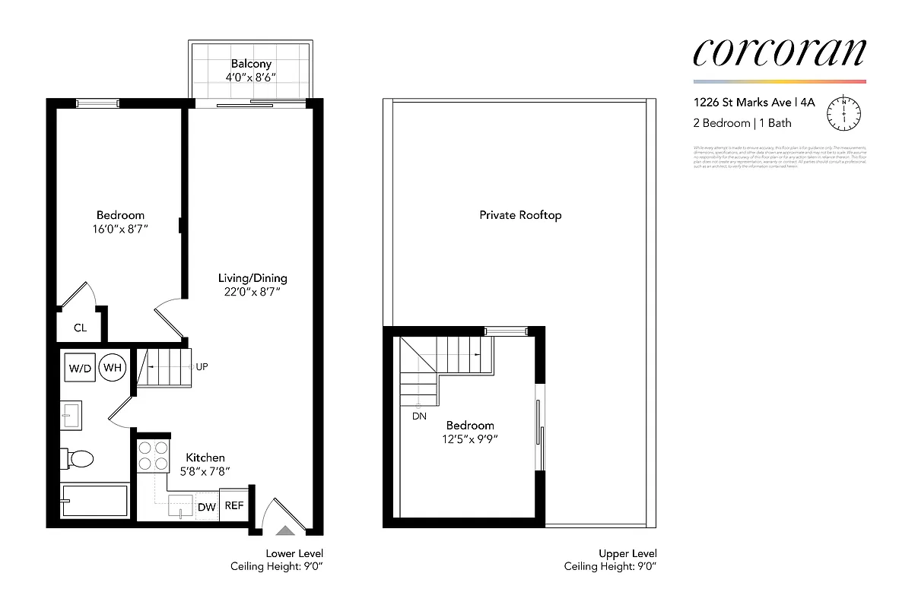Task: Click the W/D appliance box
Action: click(x=80, y=369)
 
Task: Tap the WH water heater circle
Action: click(x=113, y=369)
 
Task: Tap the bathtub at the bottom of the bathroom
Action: click(x=94, y=502)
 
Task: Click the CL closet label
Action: click(x=80, y=328)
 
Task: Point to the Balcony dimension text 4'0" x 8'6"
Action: click(x=249, y=78)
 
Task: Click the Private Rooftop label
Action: click(x=520, y=215)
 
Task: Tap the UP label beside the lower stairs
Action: click(x=202, y=366)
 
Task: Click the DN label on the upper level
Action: click(x=419, y=416)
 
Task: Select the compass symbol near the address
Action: click(x=845, y=112)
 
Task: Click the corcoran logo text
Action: click(x=779, y=51)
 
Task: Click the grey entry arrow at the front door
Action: click(x=284, y=531)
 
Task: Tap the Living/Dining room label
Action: click(x=253, y=278)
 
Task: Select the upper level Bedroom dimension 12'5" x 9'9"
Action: click(x=471, y=439)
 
